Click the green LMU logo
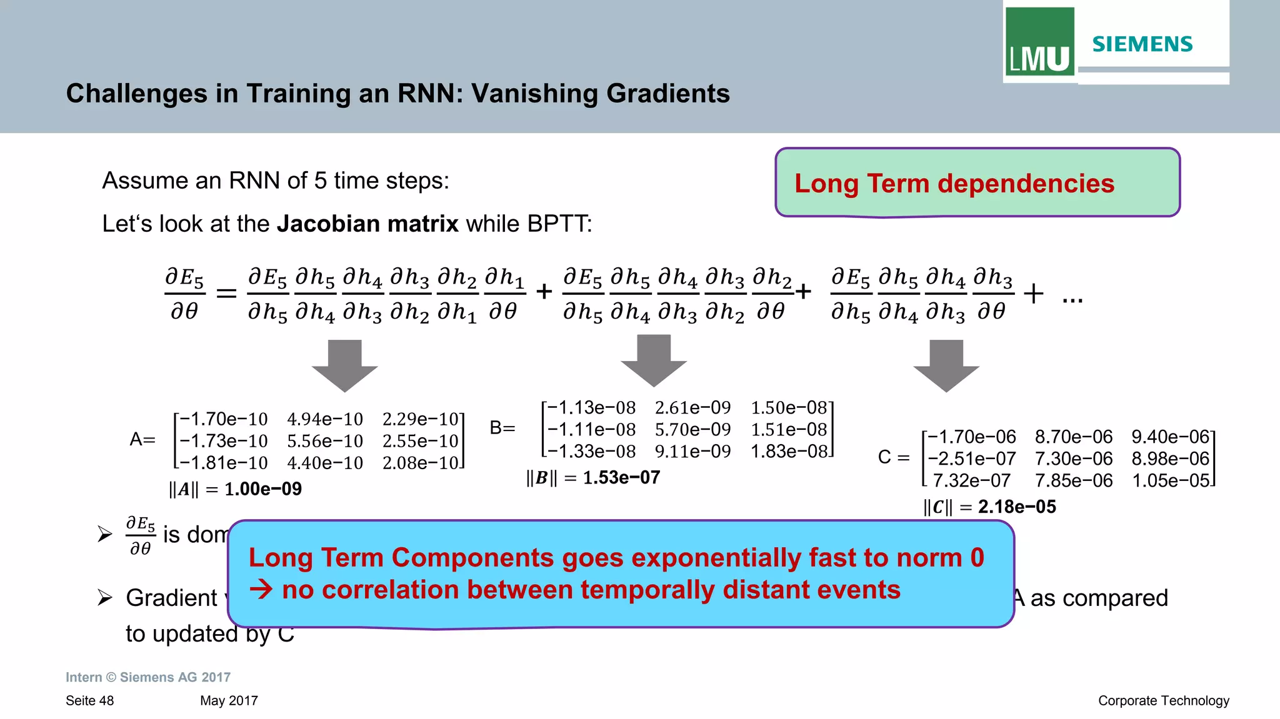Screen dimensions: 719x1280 [1039, 42]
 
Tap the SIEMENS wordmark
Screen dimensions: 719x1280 [1142, 44]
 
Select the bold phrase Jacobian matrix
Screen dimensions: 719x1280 [367, 224]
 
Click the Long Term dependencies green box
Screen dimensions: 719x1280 [977, 183]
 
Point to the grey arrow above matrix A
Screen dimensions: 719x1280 [345, 365]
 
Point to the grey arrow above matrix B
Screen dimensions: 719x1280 [654, 360]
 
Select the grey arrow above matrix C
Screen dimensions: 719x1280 [946, 365]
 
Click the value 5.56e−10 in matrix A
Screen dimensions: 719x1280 [325, 441]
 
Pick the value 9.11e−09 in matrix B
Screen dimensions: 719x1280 [692, 452]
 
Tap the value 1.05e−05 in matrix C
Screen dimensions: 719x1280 [1171, 480]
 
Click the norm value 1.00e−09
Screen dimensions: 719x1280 [263, 489]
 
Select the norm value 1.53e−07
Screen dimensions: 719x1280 [621, 478]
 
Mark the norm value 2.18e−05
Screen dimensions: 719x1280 [1017, 507]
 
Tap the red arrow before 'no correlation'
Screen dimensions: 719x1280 [261, 590]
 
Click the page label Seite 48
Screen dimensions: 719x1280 [90, 700]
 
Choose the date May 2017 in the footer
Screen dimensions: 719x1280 [229, 700]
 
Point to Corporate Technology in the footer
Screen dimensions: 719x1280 [1163, 700]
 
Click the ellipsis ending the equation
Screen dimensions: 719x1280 [1072, 300]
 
